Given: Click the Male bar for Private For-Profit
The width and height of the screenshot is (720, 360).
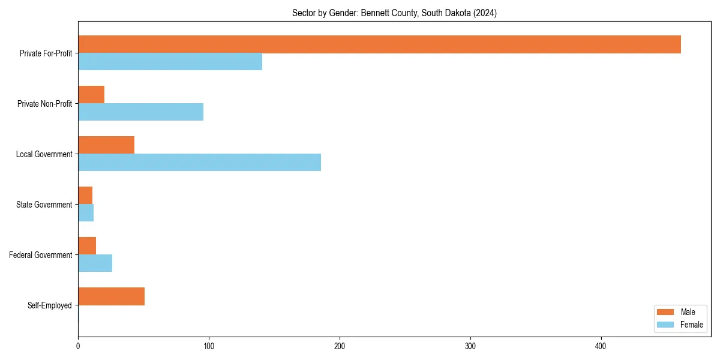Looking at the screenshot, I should pyautogui.click(x=379, y=44).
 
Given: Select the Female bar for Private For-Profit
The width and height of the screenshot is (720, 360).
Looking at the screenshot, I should pyautogui.click(x=170, y=62).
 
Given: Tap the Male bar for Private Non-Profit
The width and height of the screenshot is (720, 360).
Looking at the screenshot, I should pyautogui.click(x=91, y=95).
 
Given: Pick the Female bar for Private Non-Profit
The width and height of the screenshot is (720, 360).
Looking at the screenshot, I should pyautogui.click(x=140, y=112).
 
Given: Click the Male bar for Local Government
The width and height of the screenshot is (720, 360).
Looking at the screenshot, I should pyautogui.click(x=106, y=145).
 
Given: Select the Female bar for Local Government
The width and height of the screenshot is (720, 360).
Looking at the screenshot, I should pyautogui.click(x=199, y=163).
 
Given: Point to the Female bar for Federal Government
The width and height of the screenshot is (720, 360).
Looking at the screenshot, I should pyautogui.click(x=95, y=263).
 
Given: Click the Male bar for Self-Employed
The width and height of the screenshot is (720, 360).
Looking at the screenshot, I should pyautogui.click(x=111, y=296).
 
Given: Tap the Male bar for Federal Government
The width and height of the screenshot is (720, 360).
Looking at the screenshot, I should pyautogui.click(x=87, y=246).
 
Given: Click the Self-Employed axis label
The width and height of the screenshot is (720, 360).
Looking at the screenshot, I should pyautogui.click(x=49, y=305).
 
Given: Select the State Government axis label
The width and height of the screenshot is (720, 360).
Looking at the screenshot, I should pyautogui.click(x=44, y=205).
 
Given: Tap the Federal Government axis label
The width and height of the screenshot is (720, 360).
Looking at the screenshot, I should pyautogui.click(x=40, y=255).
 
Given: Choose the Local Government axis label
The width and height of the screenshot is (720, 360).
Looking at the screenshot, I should pyautogui.click(x=44, y=154).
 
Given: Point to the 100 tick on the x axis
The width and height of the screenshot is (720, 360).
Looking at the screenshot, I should pyautogui.click(x=209, y=347).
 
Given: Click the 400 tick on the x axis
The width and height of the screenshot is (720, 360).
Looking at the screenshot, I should pyautogui.click(x=601, y=347).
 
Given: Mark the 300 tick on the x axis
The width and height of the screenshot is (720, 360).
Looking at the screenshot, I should pyautogui.click(x=470, y=347).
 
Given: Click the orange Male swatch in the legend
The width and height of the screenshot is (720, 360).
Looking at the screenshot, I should pyautogui.click(x=666, y=312).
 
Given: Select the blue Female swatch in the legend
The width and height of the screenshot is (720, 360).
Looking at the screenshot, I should pyautogui.click(x=666, y=325).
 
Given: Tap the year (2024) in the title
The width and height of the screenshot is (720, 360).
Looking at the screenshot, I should pyautogui.click(x=484, y=13).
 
